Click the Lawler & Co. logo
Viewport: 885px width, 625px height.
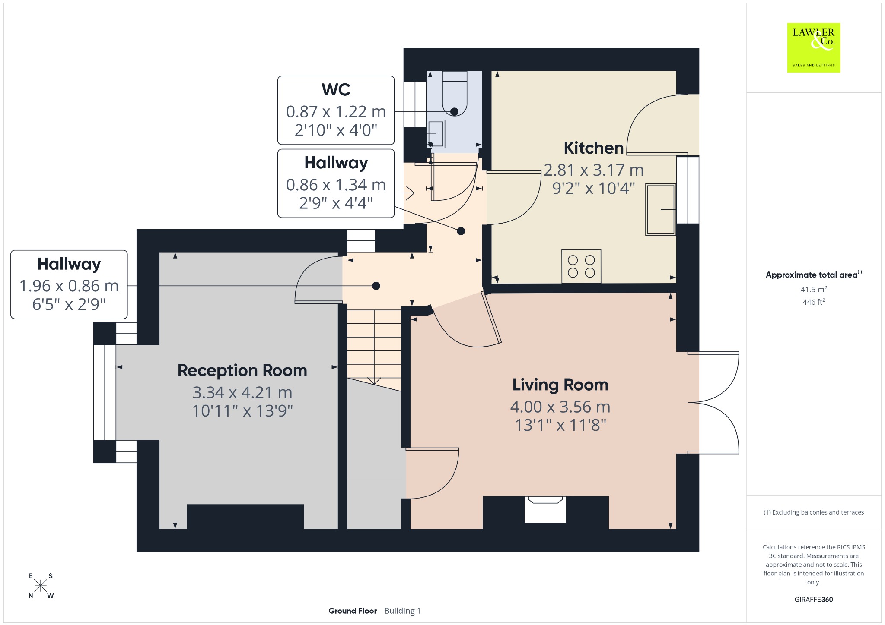click(814, 47)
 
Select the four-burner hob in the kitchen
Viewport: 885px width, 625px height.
click(581, 266)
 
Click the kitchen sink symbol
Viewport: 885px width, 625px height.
click(661, 210)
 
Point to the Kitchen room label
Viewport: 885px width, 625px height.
click(594, 148)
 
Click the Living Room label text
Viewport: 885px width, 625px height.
click(560, 385)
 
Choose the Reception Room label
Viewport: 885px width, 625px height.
click(242, 370)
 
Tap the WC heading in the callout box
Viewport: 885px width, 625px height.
click(336, 89)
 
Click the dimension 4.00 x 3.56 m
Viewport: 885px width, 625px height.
click(560, 407)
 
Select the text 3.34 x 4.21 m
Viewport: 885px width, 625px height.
click(242, 392)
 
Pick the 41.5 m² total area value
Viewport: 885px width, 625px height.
click(814, 289)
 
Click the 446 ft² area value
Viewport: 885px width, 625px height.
click(814, 302)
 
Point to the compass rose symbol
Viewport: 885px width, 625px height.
click(41, 586)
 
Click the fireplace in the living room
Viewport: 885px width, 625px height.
click(545, 509)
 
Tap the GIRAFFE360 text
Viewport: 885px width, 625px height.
click(814, 599)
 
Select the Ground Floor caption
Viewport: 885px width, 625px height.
click(353, 611)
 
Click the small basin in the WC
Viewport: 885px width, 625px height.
click(436, 134)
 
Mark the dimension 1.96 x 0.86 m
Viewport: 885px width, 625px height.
click(69, 286)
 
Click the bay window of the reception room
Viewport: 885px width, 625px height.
click(105, 392)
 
